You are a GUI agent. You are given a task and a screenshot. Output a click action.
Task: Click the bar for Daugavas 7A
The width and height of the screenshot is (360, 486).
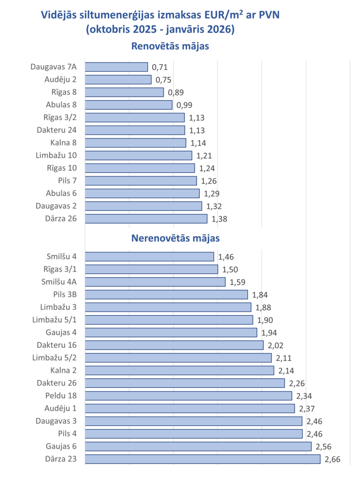tap(116, 67)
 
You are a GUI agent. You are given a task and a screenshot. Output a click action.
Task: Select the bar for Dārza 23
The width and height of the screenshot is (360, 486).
tap(203, 459)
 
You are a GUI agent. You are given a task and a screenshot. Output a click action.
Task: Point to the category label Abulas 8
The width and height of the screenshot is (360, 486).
tap(61, 105)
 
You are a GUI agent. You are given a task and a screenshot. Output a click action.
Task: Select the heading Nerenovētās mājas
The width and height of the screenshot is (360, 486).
tap(175, 238)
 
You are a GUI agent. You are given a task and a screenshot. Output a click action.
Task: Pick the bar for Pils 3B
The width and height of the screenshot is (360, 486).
tap(166, 295)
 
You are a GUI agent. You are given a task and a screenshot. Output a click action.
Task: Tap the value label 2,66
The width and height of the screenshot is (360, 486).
tap(332, 459)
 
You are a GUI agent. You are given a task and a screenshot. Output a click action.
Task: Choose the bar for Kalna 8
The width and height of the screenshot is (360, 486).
tap(135, 143)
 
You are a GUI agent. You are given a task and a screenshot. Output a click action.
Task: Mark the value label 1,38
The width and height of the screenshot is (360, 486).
tap(219, 219)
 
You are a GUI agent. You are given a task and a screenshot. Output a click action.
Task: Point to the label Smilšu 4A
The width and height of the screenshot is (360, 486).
tap(59, 282)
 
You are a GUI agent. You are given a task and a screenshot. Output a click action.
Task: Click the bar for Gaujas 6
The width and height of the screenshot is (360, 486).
tap(198, 446)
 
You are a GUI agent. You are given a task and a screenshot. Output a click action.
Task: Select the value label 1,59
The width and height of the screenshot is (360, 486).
tap(237, 282)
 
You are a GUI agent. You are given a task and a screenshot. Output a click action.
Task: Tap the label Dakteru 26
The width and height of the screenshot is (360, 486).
tap(57, 383)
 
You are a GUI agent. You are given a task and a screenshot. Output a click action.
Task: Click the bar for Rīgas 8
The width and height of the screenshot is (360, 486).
tap(124, 92)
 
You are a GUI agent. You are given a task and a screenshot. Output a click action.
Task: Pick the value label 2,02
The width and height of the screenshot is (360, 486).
tap(276, 345)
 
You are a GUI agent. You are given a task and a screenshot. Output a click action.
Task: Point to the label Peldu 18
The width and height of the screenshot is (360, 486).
tap(60, 396)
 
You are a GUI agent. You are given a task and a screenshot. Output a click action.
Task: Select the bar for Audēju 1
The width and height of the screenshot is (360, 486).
tap(190, 408)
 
